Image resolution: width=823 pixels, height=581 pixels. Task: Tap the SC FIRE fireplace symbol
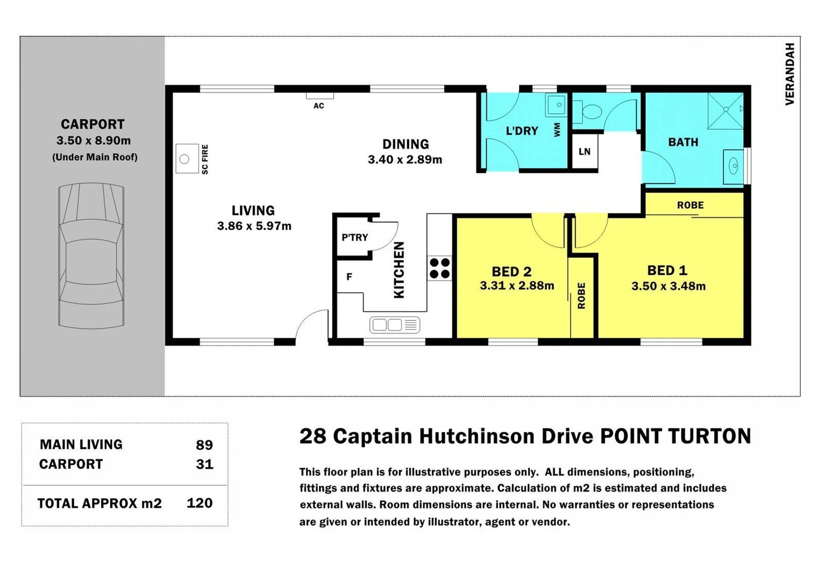tap(186, 159)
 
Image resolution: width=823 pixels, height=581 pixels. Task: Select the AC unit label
tap(319, 106)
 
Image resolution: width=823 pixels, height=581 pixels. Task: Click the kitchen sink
tap(394, 325)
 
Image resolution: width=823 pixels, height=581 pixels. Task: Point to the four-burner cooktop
tap(440, 268)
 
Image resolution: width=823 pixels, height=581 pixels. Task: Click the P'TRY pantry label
tap(354, 237)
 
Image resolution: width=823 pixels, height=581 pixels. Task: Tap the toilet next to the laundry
tap(590, 112)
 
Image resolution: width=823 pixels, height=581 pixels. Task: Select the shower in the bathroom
tap(725, 111)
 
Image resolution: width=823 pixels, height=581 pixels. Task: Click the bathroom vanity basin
tap(733, 167)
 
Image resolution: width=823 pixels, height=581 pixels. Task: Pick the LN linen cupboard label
tap(584, 152)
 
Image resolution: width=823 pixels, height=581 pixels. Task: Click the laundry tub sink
tap(556, 105)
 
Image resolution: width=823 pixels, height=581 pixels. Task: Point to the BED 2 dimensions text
tap(517, 286)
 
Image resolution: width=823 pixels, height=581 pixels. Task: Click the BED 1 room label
tap(667, 270)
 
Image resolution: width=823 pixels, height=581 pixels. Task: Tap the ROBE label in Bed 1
tap(690, 205)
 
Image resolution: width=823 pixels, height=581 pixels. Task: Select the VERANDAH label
tap(790, 74)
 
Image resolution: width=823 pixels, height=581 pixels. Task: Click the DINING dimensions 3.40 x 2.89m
tap(404, 160)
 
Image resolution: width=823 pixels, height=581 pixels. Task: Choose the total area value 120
tap(199, 503)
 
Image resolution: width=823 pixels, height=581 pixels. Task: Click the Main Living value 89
tap(204, 445)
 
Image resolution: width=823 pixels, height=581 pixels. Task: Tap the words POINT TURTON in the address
tap(675, 436)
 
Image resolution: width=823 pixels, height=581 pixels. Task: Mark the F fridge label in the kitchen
tap(349, 277)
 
